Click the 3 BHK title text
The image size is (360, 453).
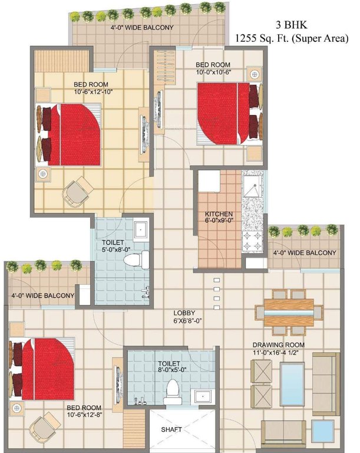pos(292,25)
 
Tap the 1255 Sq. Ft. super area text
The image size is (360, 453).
pos(292,39)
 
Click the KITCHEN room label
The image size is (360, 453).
pos(219,214)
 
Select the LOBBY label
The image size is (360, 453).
pos(184,313)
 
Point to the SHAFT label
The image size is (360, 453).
pos(171,429)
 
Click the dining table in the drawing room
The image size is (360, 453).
pos(288,308)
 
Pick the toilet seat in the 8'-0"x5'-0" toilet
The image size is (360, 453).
pos(173,390)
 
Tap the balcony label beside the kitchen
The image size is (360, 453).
pos(305,252)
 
